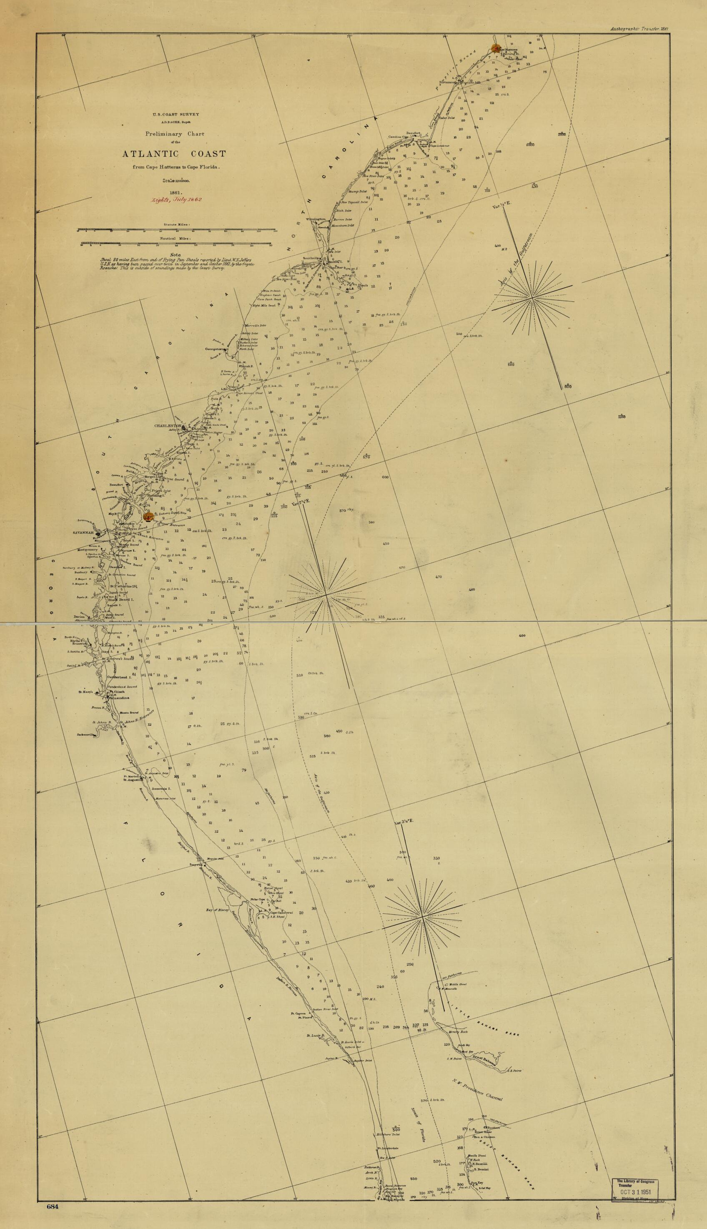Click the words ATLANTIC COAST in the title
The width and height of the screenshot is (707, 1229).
tap(174, 154)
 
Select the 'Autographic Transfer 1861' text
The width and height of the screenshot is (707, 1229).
tap(640, 29)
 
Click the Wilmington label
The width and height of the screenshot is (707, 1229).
tap(315, 219)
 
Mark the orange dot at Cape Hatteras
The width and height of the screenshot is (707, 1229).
tap(496, 48)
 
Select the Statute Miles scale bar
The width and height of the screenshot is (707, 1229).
tap(176, 229)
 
